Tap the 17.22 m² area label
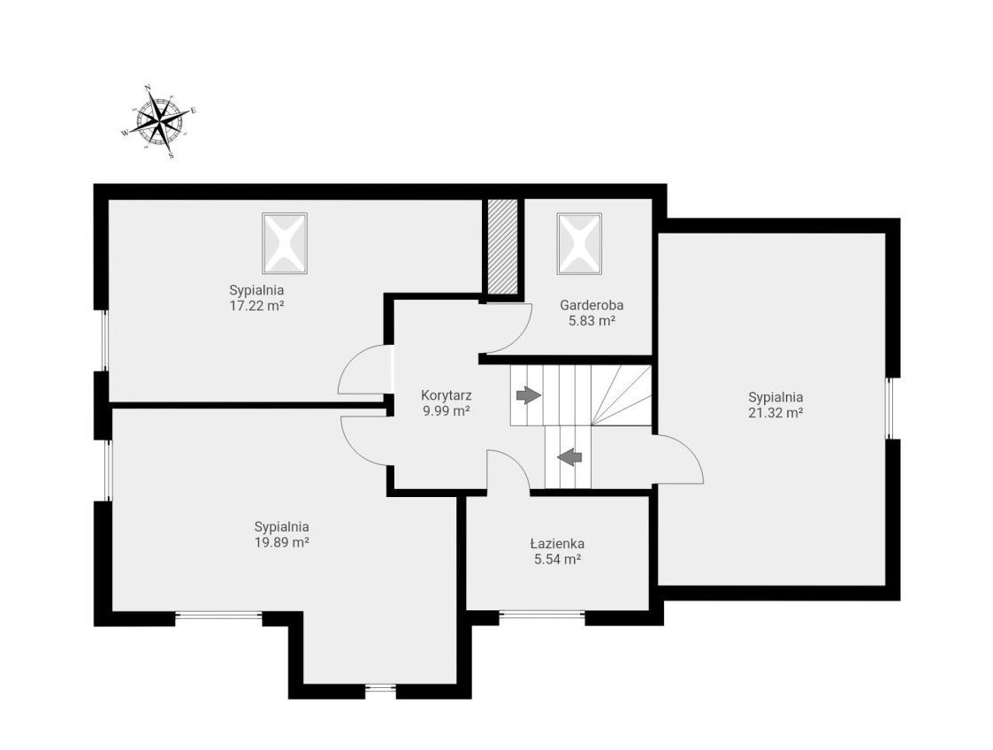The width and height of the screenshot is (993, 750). tap(256, 306)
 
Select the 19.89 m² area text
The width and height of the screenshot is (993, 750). tap(282, 543)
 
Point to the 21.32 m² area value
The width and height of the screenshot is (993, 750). tap(775, 413)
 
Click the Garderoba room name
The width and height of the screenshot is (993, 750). tap(592, 304)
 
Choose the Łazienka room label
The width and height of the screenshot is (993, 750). tap(557, 544)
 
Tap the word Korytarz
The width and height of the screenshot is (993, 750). tap(447, 395)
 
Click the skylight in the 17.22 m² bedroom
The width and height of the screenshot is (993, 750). tap(285, 243)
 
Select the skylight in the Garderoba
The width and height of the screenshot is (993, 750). tap(579, 243)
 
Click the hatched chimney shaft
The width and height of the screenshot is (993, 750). tap(503, 247)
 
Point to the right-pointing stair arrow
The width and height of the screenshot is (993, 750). tap(529, 395)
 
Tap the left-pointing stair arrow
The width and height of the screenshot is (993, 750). tap(570, 456)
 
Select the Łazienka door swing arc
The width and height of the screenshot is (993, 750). tap(516, 461)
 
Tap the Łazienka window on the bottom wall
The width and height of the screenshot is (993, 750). tap(542, 613)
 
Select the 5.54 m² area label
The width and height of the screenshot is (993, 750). tap(558, 559)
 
